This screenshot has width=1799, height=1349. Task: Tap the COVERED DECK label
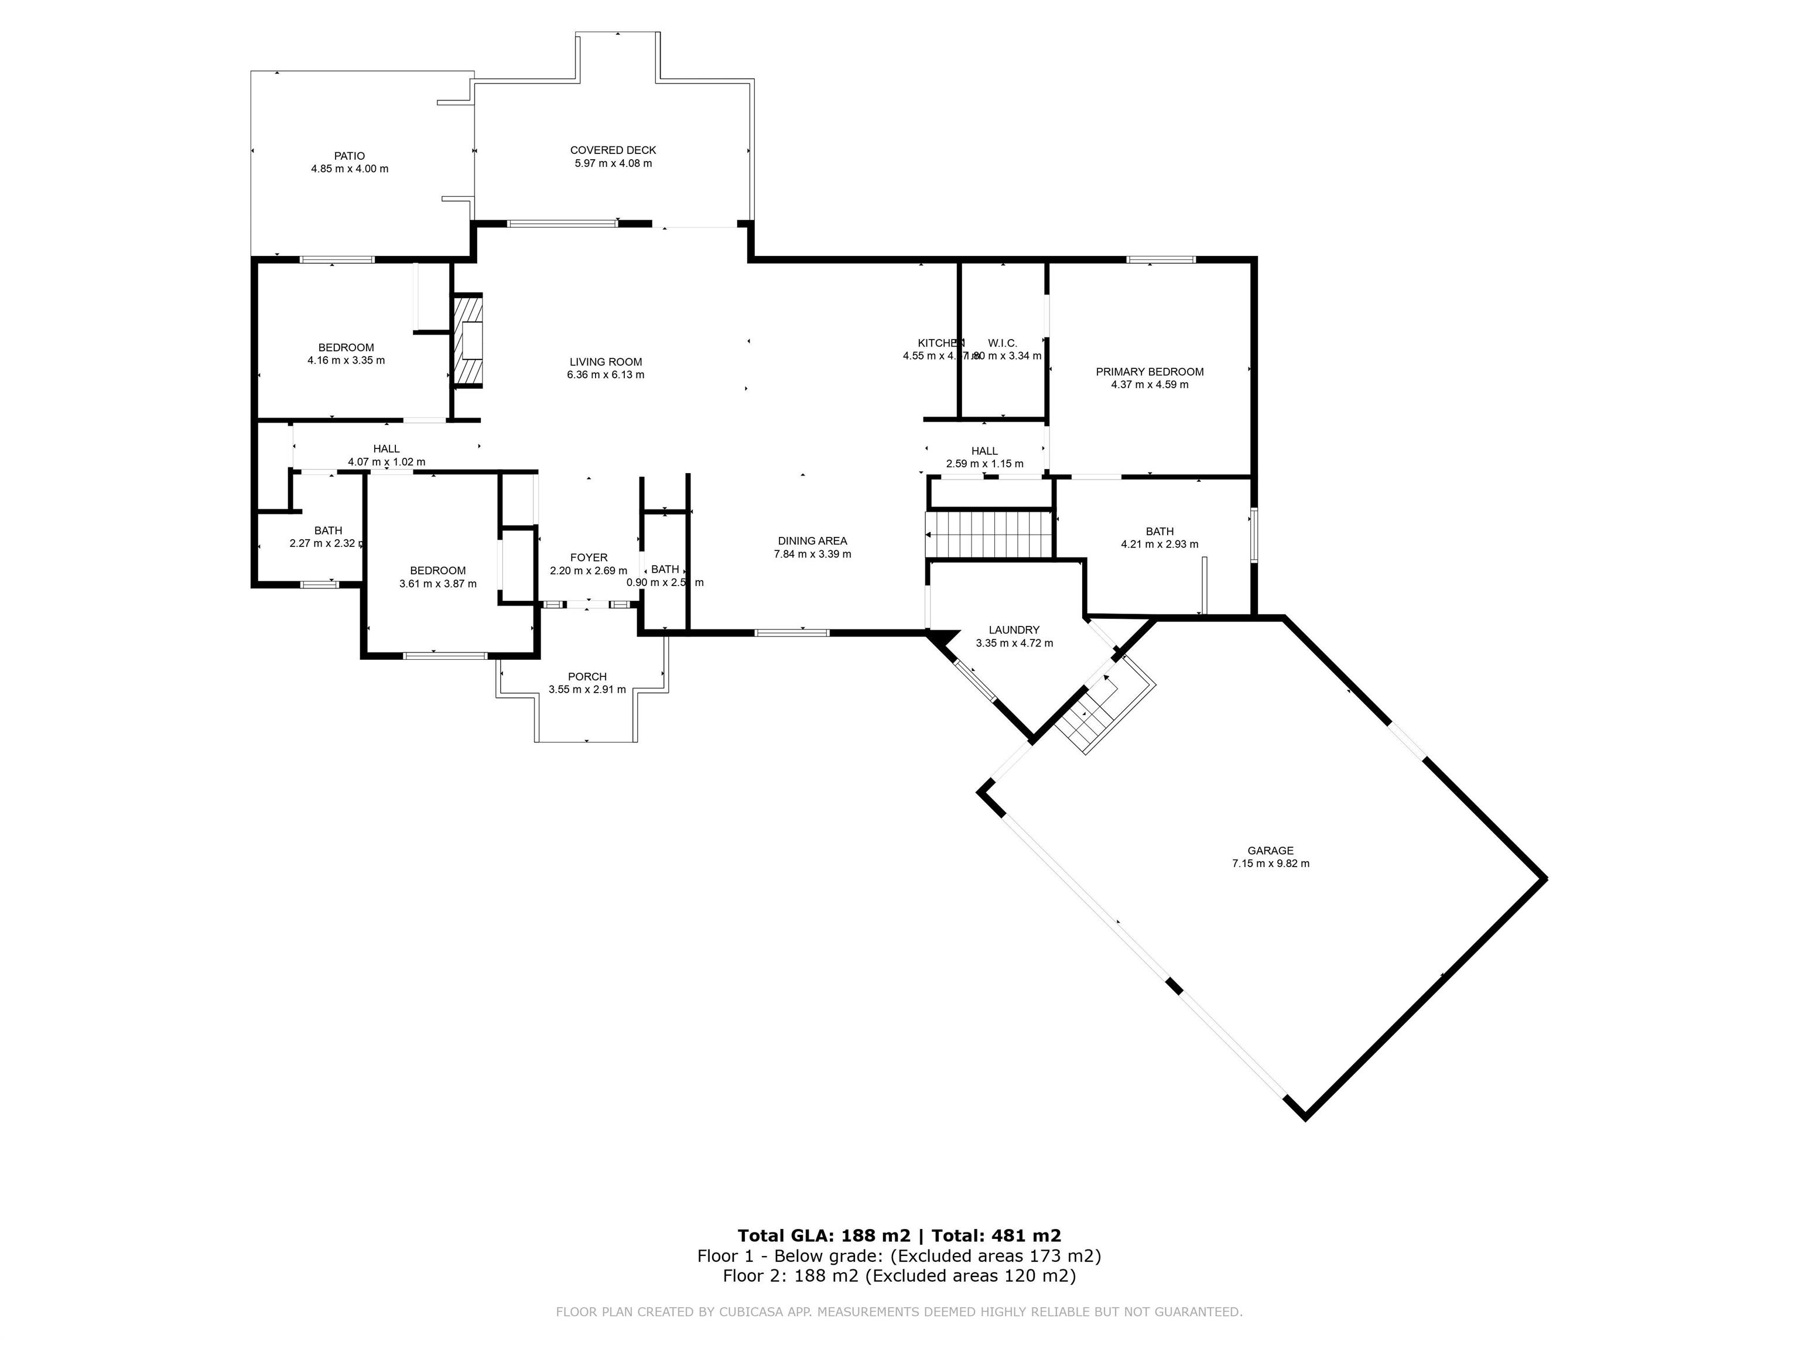[613, 150]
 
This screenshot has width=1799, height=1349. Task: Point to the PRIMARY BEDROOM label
[1149, 372]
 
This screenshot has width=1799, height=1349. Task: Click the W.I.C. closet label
[1002, 343]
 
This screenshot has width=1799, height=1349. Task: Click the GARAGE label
[1270, 851]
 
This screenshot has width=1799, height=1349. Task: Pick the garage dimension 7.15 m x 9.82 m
[1270, 864]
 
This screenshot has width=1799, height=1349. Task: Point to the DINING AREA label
[812, 541]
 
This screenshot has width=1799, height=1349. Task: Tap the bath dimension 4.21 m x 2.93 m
[1159, 545]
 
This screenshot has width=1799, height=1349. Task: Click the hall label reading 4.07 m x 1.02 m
[387, 462]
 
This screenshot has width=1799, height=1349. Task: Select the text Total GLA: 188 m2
[823, 1236]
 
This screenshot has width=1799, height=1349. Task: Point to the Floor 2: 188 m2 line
[899, 1276]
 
